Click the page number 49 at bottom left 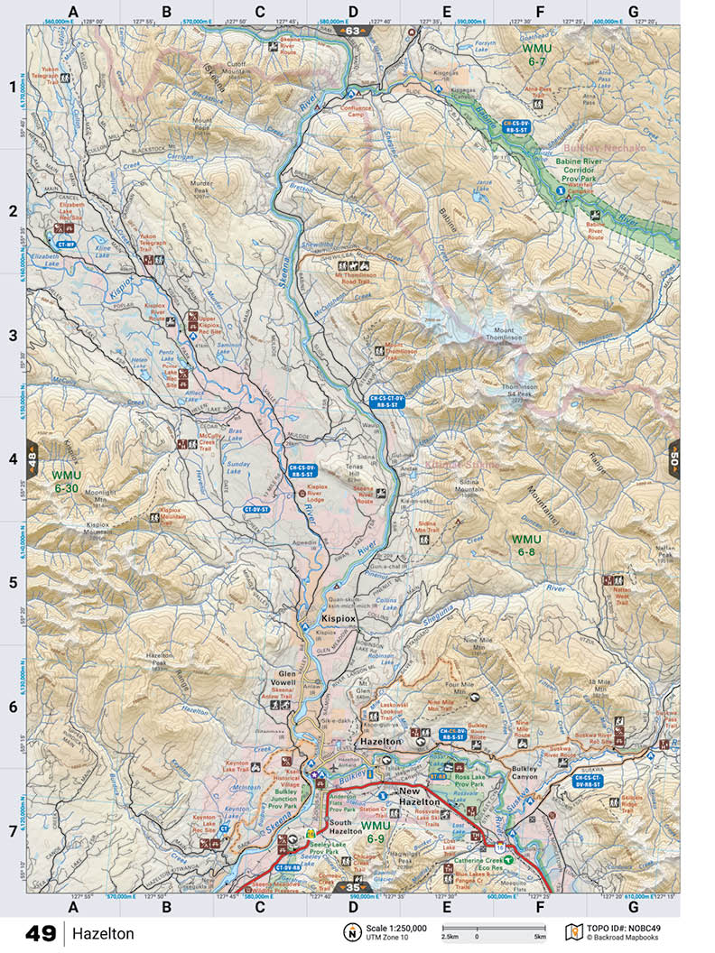point(41,932)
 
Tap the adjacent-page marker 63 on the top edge point(352,31)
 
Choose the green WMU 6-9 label point(379,832)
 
